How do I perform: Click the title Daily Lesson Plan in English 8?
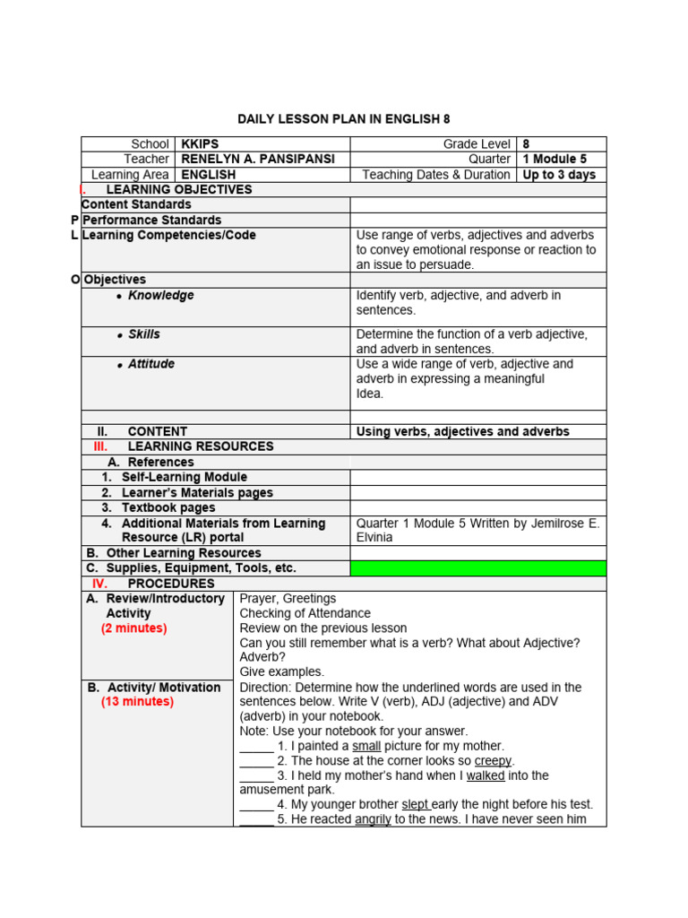click(x=344, y=118)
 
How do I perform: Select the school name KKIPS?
click(x=200, y=144)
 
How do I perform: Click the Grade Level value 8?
click(x=527, y=144)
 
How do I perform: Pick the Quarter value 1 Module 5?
click(x=555, y=160)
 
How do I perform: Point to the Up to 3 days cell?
click(x=559, y=175)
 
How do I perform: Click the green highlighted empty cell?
click(x=477, y=568)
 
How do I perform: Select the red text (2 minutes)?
click(x=133, y=628)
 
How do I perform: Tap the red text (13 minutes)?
click(x=137, y=702)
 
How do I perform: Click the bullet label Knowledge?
click(x=160, y=296)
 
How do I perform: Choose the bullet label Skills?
click(x=144, y=334)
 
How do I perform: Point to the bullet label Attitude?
click(x=151, y=365)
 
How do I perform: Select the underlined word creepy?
click(x=493, y=761)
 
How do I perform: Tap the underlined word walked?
click(x=486, y=775)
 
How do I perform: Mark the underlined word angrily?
click(x=373, y=819)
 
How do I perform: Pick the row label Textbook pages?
click(x=168, y=508)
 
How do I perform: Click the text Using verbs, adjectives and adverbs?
click(x=462, y=432)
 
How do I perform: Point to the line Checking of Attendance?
click(x=305, y=614)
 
